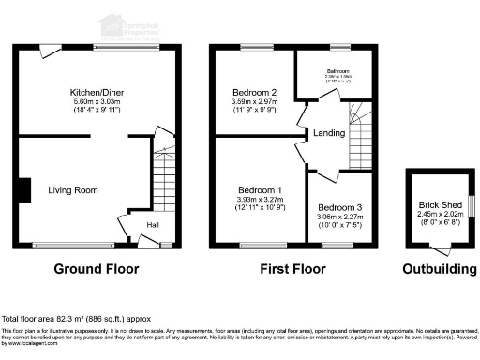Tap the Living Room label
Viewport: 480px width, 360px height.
[73, 190]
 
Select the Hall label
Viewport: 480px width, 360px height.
[153, 225]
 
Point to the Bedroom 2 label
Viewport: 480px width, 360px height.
[254, 93]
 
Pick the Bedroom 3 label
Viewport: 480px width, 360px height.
[336, 207]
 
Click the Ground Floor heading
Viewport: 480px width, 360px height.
[96, 269]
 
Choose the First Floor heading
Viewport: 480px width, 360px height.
[292, 269]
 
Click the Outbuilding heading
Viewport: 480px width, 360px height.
[439, 269]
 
